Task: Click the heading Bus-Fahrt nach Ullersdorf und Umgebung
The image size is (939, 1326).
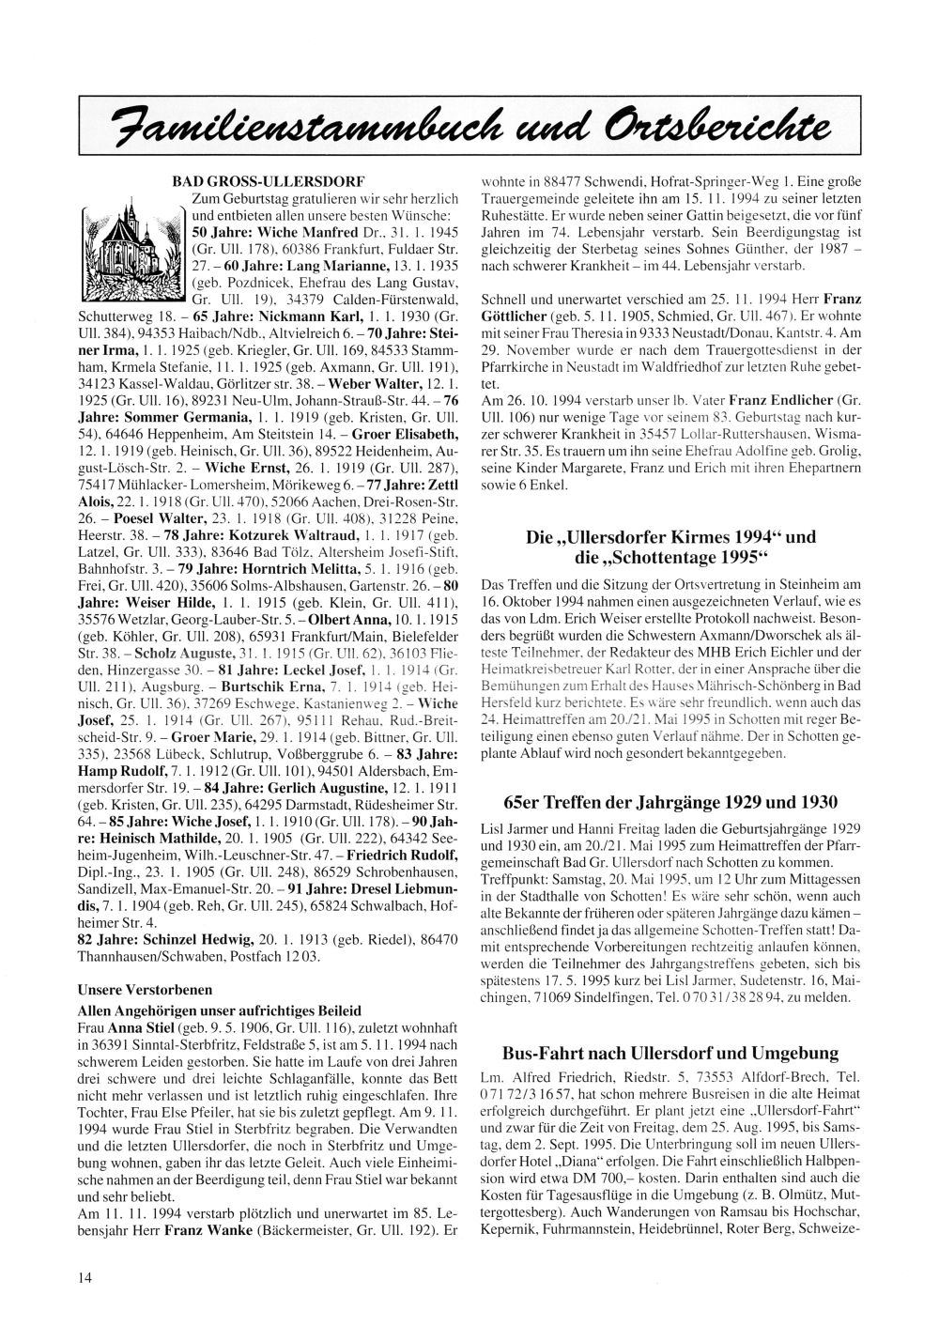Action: [670, 1053]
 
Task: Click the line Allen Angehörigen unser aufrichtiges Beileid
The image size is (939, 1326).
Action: [218, 1010]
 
